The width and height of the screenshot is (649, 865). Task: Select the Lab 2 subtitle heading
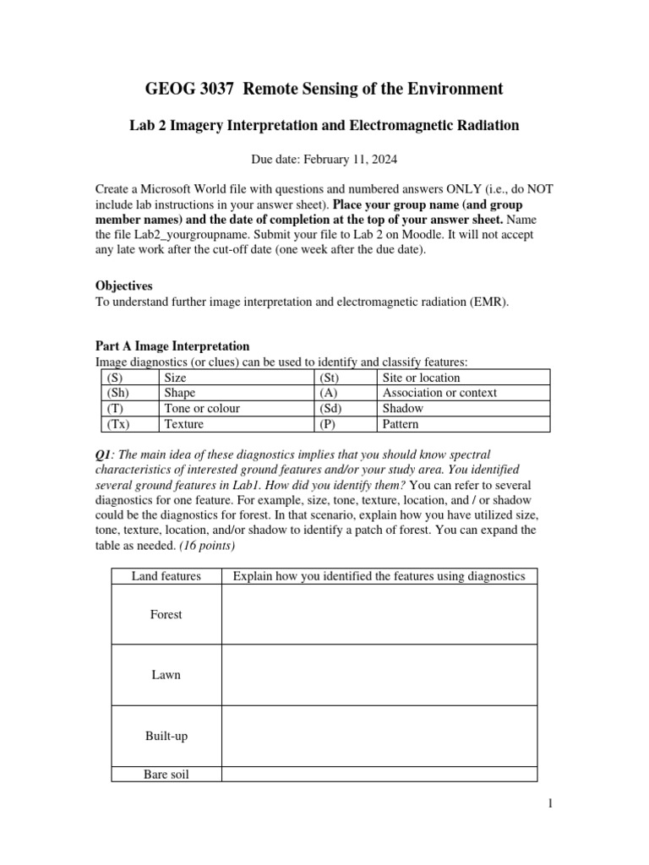point(324,125)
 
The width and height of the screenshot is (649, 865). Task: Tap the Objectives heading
point(123,286)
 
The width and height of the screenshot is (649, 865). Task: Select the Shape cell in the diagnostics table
point(180,393)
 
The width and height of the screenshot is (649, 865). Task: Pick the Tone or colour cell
point(202,408)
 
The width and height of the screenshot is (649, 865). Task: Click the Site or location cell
point(421,378)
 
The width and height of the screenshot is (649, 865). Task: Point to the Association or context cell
point(439,393)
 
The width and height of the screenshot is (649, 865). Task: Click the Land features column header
point(166,576)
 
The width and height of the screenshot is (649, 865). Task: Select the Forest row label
point(166,614)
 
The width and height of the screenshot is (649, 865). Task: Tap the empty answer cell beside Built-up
point(379,736)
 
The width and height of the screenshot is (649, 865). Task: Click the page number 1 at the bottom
point(548,805)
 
